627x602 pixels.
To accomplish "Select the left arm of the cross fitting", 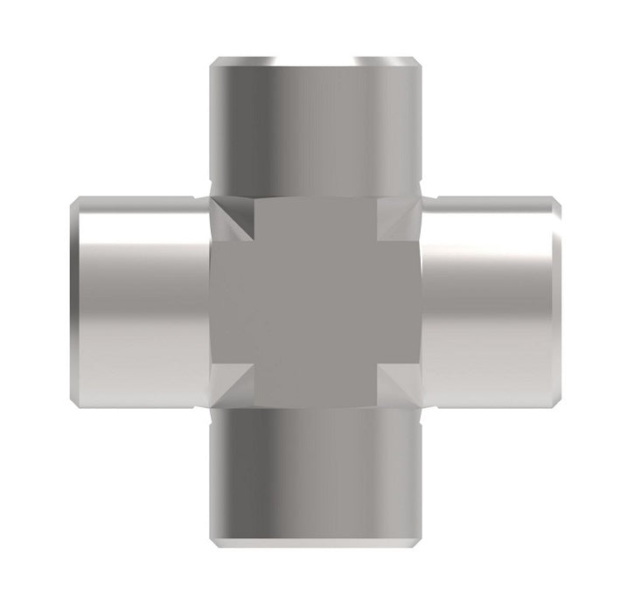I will click(x=140, y=301).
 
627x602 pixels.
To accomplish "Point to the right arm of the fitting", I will click(x=490, y=301).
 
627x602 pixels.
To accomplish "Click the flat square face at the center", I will click(x=315, y=301).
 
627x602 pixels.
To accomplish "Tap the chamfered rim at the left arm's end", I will click(x=74, y=301).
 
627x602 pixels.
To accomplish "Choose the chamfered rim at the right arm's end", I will click(x=555, y=301).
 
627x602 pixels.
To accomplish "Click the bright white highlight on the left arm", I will click(x=140, y=253).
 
